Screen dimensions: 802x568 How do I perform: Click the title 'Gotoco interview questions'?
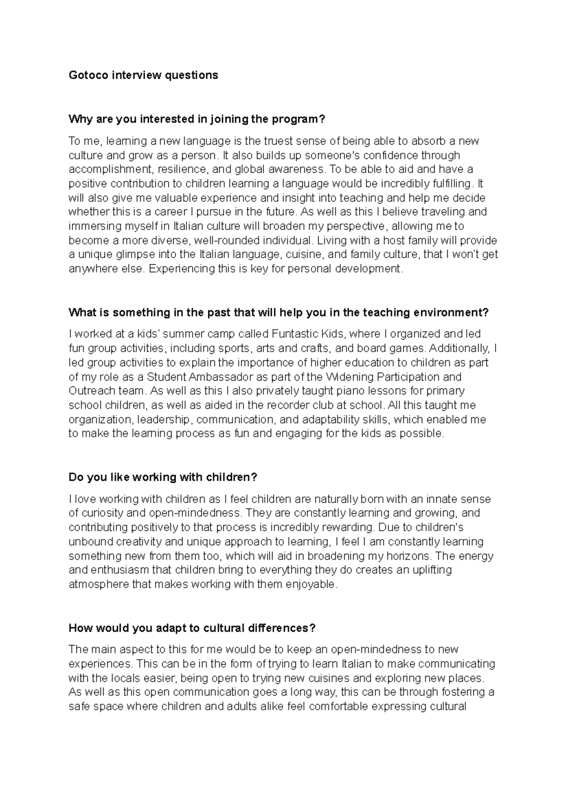(x=143, y=75)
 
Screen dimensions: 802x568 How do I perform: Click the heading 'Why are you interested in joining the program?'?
(x=197, y=119)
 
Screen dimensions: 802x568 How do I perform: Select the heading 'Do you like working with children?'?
(x=162, y=477)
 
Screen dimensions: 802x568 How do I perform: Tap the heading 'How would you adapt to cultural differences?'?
(x=192, y=628)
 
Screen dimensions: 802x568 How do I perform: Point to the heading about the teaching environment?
(x=278, y=313)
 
